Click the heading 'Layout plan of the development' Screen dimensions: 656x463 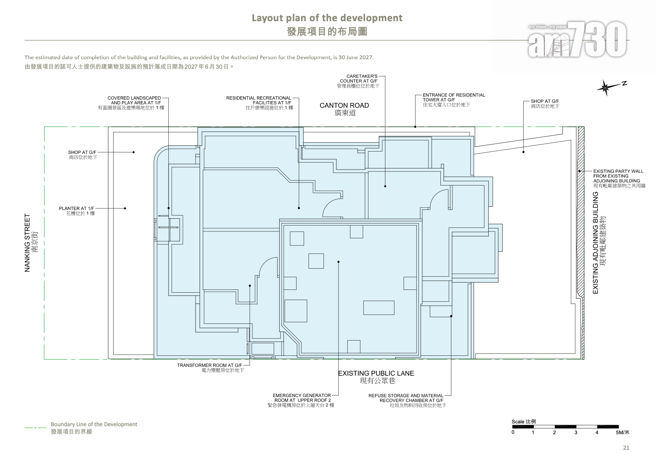(x=327, y=18)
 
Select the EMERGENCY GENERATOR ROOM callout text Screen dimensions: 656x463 (x=301, y=400)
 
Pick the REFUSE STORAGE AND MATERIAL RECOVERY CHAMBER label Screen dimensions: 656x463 (x=407, y=400)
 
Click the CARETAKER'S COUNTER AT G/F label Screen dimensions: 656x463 (x=358, y=81)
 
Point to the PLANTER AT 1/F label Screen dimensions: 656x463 (x=77, y=211)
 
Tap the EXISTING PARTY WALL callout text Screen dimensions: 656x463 (x=619, y=178)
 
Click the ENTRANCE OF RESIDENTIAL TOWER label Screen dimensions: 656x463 (x=454, y=100)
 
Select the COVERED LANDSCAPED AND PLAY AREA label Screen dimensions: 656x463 (x=131, y=103)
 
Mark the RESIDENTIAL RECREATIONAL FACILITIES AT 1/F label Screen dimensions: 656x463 (x=260, y=103)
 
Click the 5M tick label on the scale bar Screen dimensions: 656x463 (x=622, y=432)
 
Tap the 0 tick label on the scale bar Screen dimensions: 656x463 (x=513, y=432)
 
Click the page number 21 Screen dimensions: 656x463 (x=626, y=448)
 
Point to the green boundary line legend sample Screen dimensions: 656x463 (x=36, y=427)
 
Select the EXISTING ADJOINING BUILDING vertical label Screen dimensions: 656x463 (x=599, y=243)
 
